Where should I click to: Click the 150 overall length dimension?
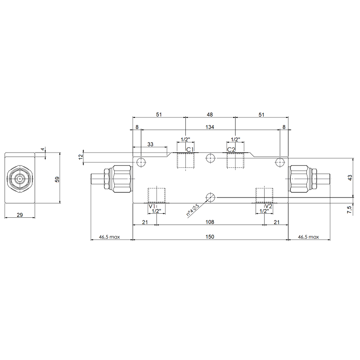(x=210, y=237)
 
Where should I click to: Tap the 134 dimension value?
(x=210, y=127)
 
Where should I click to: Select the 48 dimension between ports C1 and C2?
(x=210, y=115)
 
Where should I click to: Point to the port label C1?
(x=190, y=150)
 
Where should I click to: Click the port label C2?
(x=231, y=150)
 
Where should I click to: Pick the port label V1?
(x=152, y=206)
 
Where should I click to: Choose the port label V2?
(x=268, y=206)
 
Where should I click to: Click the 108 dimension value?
(x=210, y=222)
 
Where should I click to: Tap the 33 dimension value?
(x=150, y=144)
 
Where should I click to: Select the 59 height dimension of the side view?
(x=57, y=179)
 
